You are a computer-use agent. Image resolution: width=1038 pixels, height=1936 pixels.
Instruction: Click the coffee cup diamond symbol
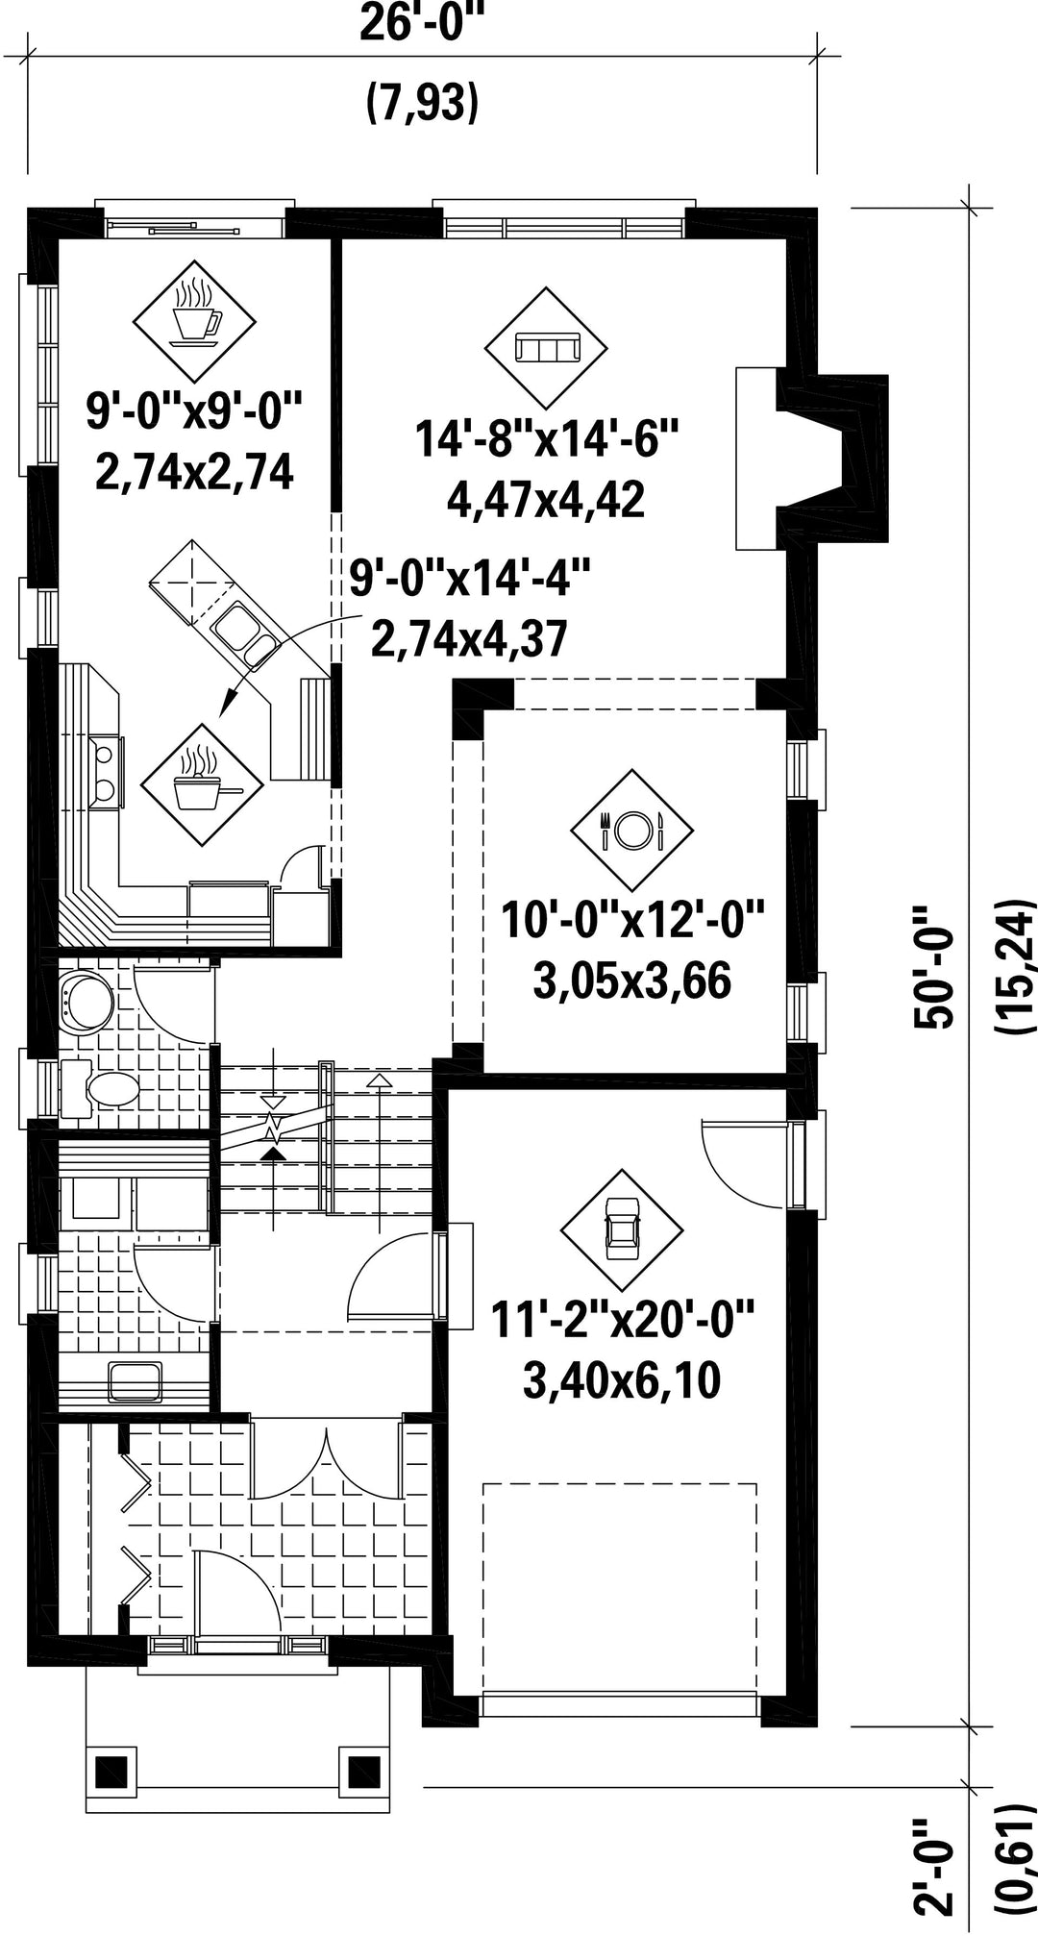pyautogui.click(x=195, y=321)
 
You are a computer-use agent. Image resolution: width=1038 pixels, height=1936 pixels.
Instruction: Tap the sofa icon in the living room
pyautogui.click(x=545, y=347)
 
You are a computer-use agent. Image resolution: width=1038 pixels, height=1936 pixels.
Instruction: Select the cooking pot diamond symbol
pyautogui.click(x=202, y=785)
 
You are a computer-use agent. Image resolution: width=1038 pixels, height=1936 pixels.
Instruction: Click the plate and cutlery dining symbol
pyautogui.click(x=631, y=830)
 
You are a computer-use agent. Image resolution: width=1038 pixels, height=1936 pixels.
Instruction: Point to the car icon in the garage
pyautogui.click(x=622, y=1230)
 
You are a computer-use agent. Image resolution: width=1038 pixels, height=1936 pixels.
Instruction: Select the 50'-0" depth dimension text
pyautogui.click(x=935, y=966)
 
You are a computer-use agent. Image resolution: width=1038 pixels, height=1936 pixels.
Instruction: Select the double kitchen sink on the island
pyautogui.click(x=244, y=635)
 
